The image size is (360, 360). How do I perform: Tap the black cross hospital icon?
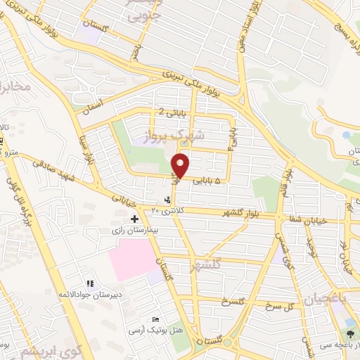coord(134,219)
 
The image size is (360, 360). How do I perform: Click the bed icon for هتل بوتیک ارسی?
coord(155,320)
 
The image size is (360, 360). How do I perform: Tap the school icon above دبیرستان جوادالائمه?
coord(89,284)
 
